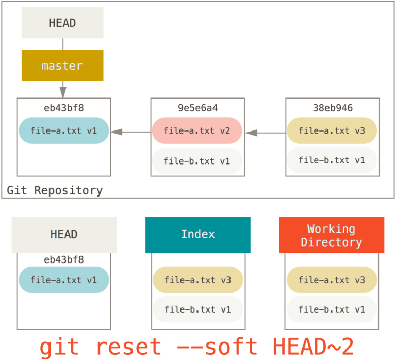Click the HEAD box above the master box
tap(62, 23)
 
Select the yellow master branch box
tap(62, 66)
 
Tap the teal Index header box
tap(197, 235)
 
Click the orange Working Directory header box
tap(331, 235)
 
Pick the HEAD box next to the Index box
tap(63, 235)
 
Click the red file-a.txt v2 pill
tap(197, 131)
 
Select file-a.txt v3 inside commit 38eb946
tap(332, 131)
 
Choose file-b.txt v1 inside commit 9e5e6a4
tap(197, 160)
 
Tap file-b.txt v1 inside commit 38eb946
tap(332, 160)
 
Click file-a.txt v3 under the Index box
tap(197, 280)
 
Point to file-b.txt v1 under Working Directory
tap(332, 309)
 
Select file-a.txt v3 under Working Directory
tap(332, 280)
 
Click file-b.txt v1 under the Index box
tap(197, 309)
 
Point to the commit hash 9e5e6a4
tap(197, 108)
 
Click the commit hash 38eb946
tap(333, 108)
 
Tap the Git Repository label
tap(55, 190)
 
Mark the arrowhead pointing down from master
tap(62, 93)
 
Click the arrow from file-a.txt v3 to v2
tap(265, 133)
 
